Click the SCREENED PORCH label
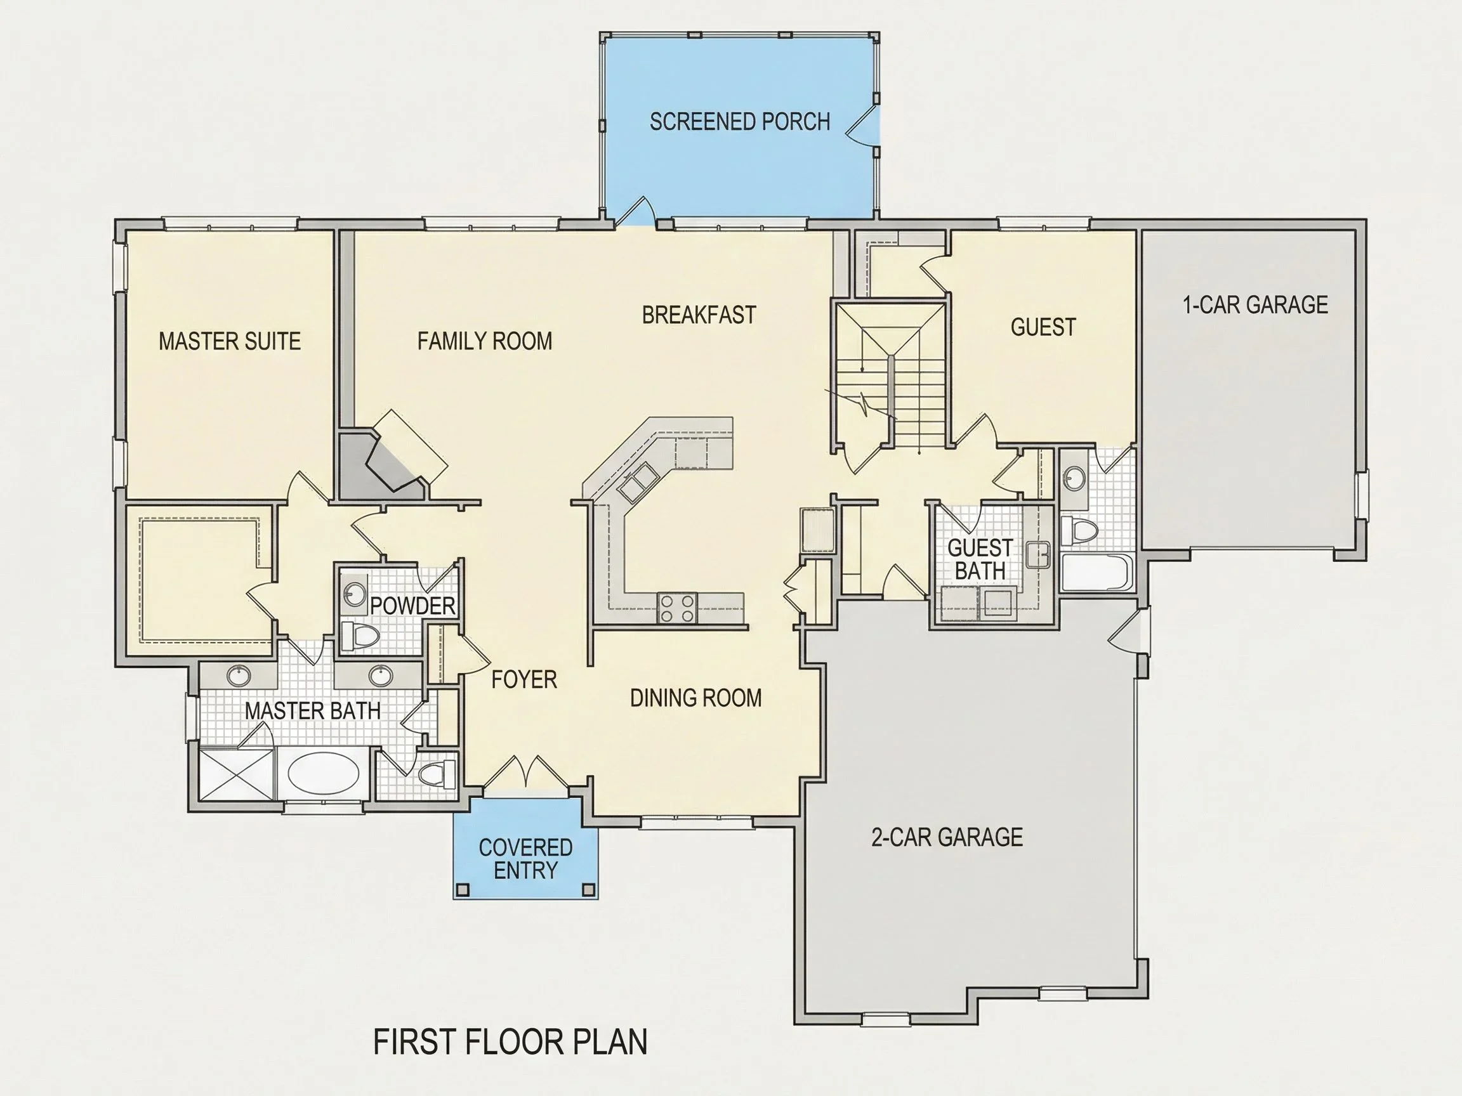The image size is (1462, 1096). click(x=740, y=122)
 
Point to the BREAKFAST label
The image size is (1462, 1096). click(x=699, y=315)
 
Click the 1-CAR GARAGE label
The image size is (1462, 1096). click(x=1255, y=304)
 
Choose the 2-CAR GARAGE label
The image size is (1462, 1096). click(x=947, y=838)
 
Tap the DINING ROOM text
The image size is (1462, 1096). click(x=695, y=698)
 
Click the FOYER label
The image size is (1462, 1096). click(x=524, y=680)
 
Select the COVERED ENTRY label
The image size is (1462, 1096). click(x=525, y=859)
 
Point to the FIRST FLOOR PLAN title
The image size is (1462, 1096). click(x=510, y=1042)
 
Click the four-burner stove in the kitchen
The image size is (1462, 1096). click(x=678, y=608)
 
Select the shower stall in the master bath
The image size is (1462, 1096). click(x=236, y=774)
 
